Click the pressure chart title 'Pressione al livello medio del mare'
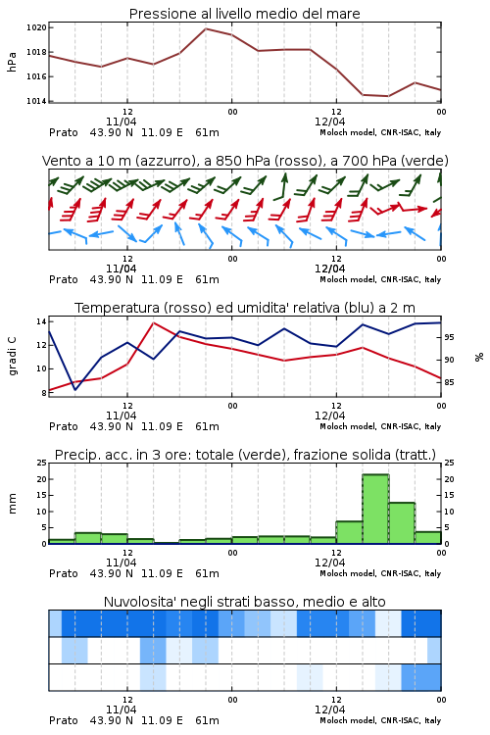point(244,14)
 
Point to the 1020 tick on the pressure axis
point(36,27)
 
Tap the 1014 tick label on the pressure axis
point(36,101)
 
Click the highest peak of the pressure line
point(206,28)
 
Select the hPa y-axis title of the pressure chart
point(12,62)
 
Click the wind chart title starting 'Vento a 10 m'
point(245,161)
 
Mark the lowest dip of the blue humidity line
point(75,389)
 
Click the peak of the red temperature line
point(153,323)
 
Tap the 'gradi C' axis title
point(12,356)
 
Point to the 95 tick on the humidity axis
point(449,337)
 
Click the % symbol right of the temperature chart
point(479,357)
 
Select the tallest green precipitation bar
point(375,509)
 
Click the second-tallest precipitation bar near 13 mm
point(402,523)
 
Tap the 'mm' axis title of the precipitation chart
point(12,504)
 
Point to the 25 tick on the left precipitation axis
point(42,463)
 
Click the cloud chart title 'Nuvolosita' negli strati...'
point(244,602)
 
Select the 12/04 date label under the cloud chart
point(329,710)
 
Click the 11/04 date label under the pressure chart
point(121,122)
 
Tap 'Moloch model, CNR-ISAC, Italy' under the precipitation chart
point(380,573)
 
